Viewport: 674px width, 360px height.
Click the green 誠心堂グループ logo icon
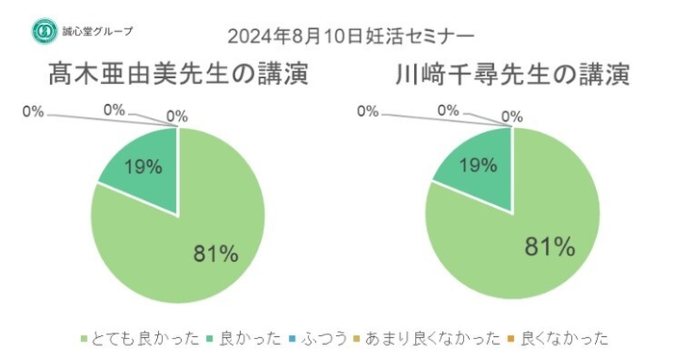[41, 31]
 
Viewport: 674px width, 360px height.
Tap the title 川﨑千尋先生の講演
[511, 74]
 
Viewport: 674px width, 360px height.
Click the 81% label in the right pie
[549, 246]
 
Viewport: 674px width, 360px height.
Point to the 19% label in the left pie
[143, 167]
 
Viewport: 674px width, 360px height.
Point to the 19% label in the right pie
[478, 166]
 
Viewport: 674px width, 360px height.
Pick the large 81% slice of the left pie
[193, 231]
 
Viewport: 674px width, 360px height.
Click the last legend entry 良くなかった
[563, 338]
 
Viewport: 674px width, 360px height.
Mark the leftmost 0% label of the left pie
[33, 113]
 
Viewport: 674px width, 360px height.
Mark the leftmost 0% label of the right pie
[368, 112]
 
